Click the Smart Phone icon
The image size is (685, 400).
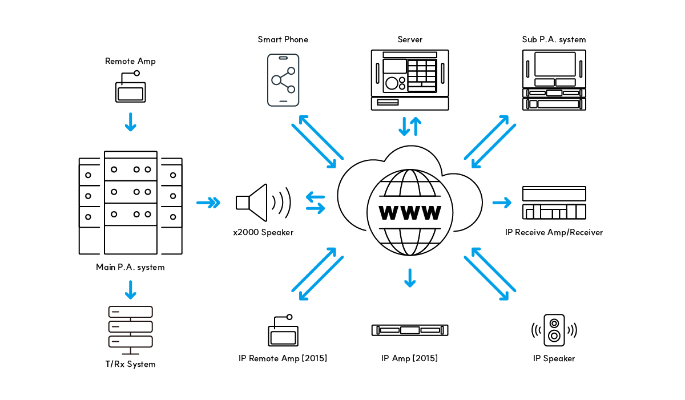click(x=283, y=80)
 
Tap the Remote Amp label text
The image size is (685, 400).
click(x=130, y=61)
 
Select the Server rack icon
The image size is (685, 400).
click(x=410, y=80)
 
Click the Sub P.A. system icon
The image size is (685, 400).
click(x=554, y=80)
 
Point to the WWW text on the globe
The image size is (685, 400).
click(x=410, y=213)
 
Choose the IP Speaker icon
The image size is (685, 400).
click(x=554, y=330)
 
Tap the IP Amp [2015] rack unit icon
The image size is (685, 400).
click(x=410, y=330)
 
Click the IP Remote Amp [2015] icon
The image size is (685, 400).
click(x=283, y=330)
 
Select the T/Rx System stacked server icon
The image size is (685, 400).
click(x=131, y=330)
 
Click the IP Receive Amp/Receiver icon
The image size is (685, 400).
click(x=554, y=203)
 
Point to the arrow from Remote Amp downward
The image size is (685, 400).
click(x=131, y=122)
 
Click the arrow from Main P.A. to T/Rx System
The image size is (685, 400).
click(x=131, y=290)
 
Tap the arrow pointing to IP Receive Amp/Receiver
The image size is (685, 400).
click(x=502, y=203)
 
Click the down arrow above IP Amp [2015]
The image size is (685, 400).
click(x=410, y=278)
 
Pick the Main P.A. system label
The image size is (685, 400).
click(x=130, y=267)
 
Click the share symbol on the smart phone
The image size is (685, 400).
click(x=283, y=80)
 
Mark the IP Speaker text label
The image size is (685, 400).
click(x=554, y=358)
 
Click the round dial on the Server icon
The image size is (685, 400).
click(x=392, y=83)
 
